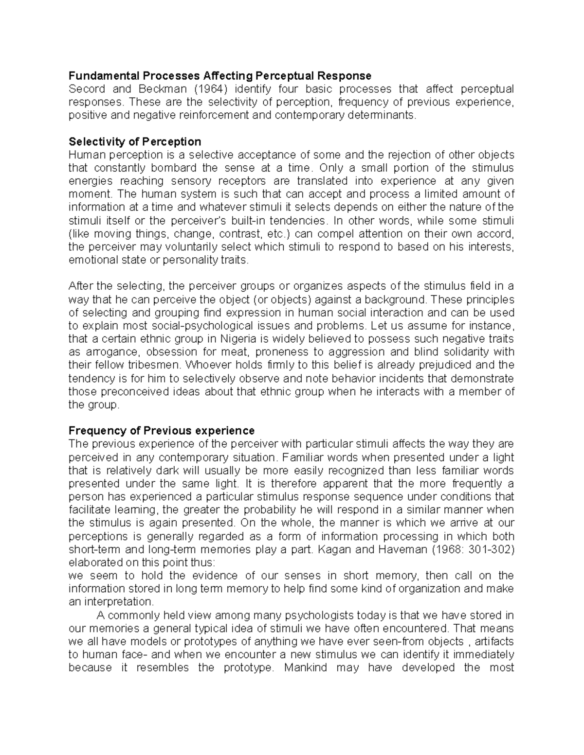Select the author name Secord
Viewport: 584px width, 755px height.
click(x=85, y=89)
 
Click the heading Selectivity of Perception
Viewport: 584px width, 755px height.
click(x=135, y=142)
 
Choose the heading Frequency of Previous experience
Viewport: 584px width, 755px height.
click(x=162, y=431)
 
